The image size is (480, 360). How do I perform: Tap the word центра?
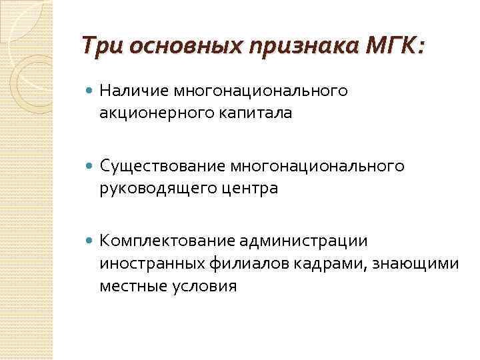click(x=243, y=188)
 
